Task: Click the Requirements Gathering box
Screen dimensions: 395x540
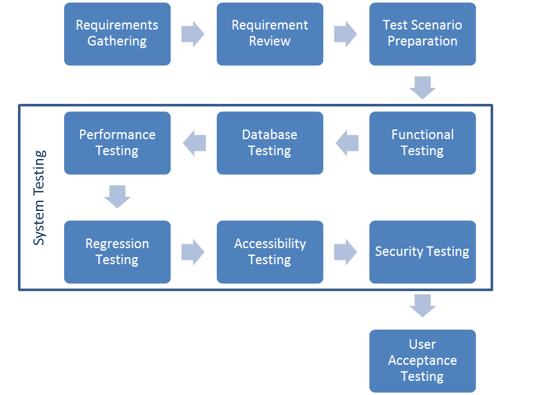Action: (117, 33)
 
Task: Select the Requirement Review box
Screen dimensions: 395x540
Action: (270, 33)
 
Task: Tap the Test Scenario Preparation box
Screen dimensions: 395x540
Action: (423, 33)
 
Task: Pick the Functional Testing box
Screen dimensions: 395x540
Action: (423, 142)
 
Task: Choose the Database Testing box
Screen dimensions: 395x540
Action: (270, 142)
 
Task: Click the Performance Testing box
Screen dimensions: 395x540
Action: (117, 142)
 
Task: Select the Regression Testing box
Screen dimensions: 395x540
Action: (117, 251)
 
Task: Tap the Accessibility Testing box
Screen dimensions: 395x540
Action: (270, 251)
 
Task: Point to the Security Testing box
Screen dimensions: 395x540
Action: (423, 251)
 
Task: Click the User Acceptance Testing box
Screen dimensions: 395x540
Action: (423, 360)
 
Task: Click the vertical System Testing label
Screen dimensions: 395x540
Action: (40, 197)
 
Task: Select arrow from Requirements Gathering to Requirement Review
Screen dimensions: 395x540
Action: (193, 33)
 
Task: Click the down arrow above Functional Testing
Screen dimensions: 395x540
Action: (423, 88)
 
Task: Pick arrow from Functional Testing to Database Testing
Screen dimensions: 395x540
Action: (347, 142)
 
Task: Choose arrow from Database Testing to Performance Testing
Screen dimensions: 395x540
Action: (194, 142)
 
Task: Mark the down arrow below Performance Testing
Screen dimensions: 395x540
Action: (117, 197)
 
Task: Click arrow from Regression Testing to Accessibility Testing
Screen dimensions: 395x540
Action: (193, 252)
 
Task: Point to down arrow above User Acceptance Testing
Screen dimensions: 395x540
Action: (423, 306)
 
